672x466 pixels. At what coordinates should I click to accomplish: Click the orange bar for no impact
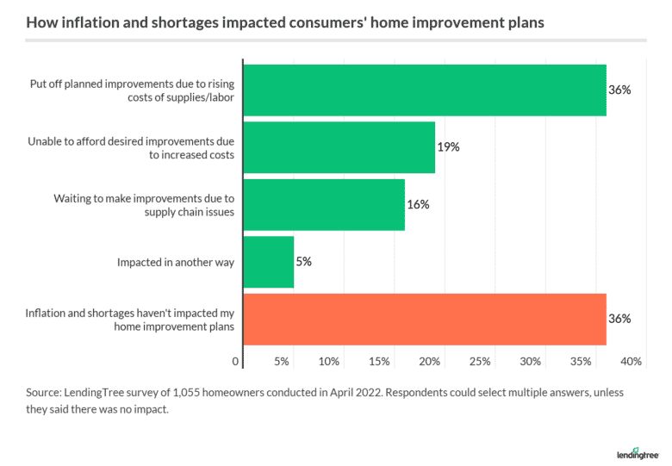[425, 319]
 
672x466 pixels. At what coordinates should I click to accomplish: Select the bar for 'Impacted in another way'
[269, 262]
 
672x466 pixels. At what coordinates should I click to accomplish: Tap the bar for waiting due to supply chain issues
[324, 205]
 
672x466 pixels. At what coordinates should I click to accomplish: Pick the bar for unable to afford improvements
[339, 147]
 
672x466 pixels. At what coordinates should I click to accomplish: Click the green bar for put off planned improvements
[425, 90]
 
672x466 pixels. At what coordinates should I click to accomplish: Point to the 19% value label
[448, 147]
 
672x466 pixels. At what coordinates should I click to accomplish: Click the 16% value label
[418, 205]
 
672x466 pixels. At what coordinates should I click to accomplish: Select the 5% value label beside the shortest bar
[303, 262]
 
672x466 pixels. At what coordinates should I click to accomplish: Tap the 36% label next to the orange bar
[619, 319]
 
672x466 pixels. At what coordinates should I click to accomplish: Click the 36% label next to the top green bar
[619, 90]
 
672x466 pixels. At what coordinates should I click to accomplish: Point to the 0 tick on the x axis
[236, 362]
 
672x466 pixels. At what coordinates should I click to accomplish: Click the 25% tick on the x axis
[480, 362]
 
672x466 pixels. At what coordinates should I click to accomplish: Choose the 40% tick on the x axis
[631, 362]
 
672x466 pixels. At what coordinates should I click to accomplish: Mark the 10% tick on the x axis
[328, 362]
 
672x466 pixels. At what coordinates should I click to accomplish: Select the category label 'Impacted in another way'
[176, 262]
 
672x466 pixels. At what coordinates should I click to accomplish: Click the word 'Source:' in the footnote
[47, 393]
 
